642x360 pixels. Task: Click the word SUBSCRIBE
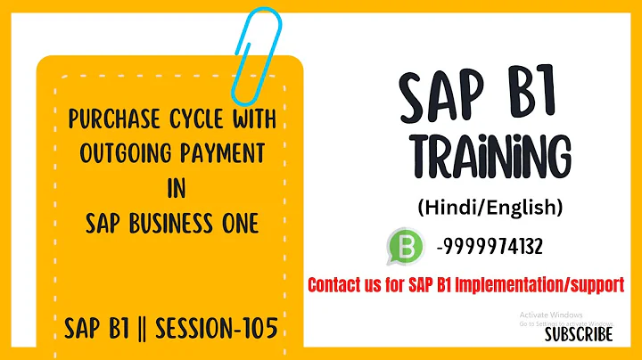pyautogui.click(x=579, y=334)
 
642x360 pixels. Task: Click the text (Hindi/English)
pyautogui.click(x=490, y=208)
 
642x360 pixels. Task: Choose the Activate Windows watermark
pyautogui.click(x=551, y=315)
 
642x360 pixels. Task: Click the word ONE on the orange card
pyautogui.click(x=238, y=223)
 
